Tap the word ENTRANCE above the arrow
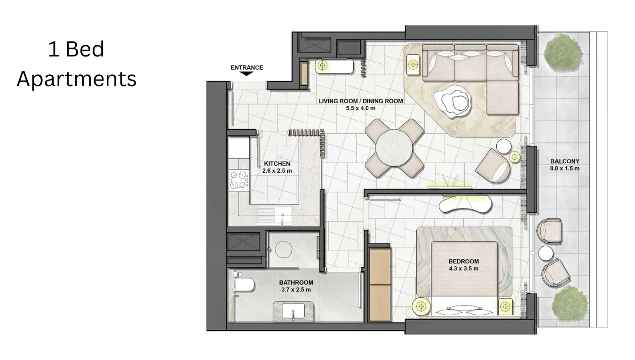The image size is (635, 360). [247, 67]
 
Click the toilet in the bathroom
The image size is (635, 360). [245, 284]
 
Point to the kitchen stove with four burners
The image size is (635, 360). [239, 180]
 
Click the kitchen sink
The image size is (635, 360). [274, 215]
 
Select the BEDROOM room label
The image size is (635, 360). [463, 261]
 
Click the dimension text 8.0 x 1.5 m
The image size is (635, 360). [564, 168]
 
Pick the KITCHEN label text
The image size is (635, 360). [277, 164]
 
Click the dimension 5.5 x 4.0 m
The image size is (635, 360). [360, 108]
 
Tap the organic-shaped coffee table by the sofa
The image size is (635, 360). [452, 101]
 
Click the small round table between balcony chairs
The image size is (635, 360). [547, 253]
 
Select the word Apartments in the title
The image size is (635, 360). [77, 79]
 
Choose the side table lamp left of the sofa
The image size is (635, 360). [413, 65]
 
